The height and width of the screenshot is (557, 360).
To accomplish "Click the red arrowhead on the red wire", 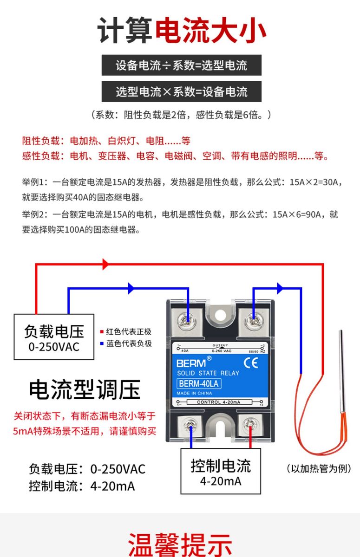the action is pyautogui.click(x=105, y=264).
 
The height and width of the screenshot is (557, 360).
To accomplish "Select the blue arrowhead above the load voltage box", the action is pyautogui.click(x=131, y=288).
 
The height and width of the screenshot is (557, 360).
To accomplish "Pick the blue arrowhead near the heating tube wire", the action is pyautogui.click(x=280, y=288).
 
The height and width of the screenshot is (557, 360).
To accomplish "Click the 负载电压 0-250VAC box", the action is pyautogui.click(x=54, y=337).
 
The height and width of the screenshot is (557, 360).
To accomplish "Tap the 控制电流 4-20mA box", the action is pyautogui.click(x=221, y=472).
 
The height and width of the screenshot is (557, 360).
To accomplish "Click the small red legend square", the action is pyautogui.click(x=102, y=332).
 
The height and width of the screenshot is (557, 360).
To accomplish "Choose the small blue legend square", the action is pyautogui.click(x=102, y=344).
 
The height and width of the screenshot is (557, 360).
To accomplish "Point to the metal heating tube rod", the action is pyautogui.click(x=342, y=371).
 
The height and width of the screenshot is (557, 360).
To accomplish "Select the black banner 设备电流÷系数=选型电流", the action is pyautogui.click(x=182, y=65).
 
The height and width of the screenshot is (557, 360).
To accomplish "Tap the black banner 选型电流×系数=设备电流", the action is pyautogui.click(x=182, y=91).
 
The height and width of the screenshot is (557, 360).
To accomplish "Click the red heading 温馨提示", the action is pyautogui.click(x=180, y=544).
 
